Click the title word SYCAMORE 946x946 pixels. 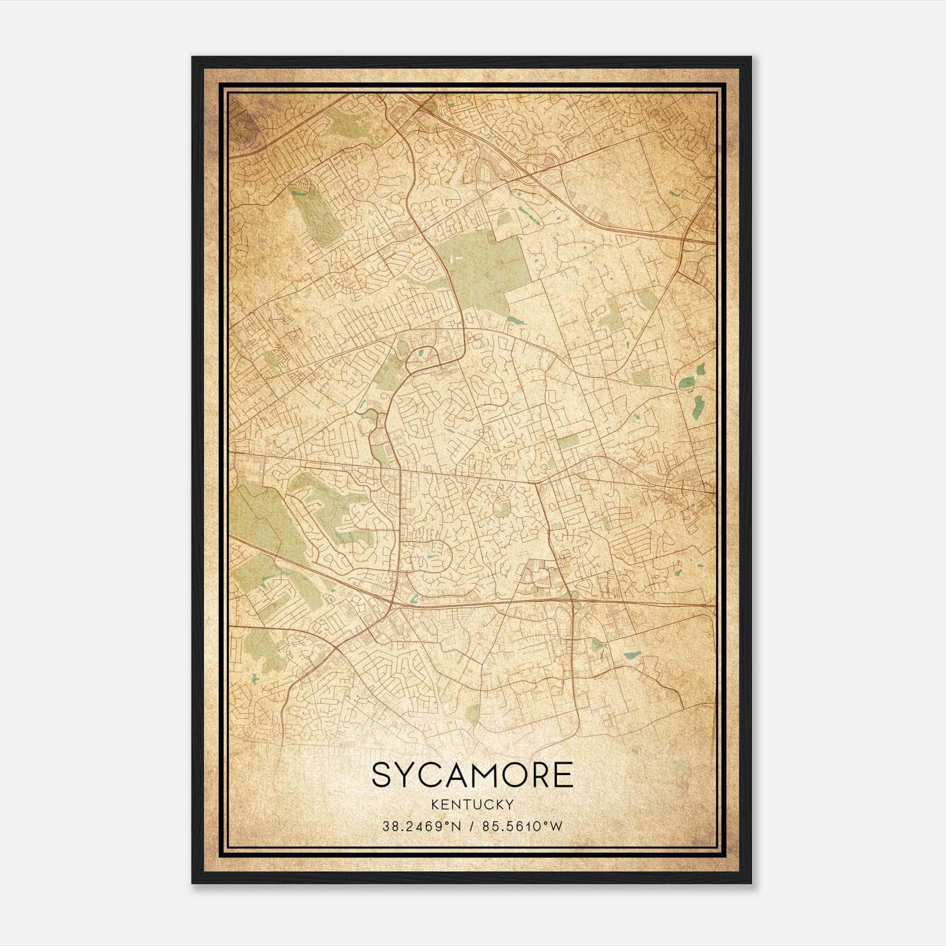coord(472,775)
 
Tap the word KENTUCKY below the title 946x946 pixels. coord(472,804)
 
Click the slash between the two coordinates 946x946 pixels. coord(470,826)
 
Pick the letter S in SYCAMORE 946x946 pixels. coord(383,775)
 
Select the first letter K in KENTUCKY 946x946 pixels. coord(435,804)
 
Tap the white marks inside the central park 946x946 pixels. coord(455,258)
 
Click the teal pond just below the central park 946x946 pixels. coord(516,321)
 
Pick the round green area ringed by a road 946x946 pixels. coord(501,507)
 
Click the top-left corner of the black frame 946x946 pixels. coord(193,58)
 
